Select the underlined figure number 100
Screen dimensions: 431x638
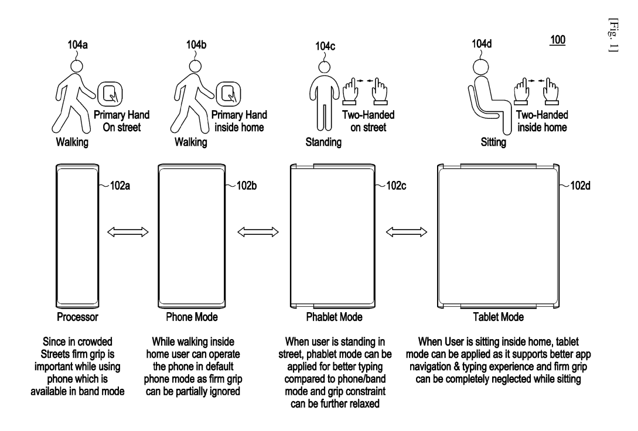[557, 41]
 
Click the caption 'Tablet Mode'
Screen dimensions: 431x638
[498, 317]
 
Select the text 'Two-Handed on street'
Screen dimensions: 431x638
[368, 121]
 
